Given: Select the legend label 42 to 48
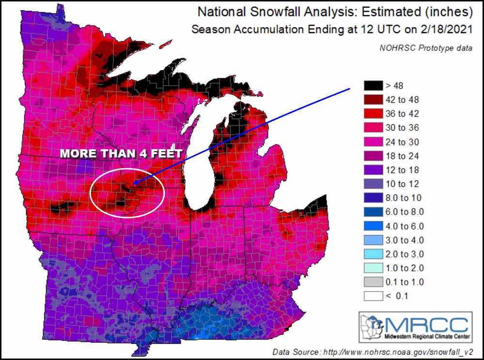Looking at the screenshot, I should pyautogui.click(x=402, y=100).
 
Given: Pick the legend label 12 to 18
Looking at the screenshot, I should pyautogui.click(x=402, y=170).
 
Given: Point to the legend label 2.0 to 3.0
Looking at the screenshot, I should pyautogui.click(x=405, y=254).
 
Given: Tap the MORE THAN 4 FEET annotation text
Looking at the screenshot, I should pyautogui.click(x=121, y=154).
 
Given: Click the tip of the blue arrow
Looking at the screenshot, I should pyautogui.click(x=133, y=183).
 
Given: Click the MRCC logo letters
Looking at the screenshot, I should pyautogui.click(x=426, y=324).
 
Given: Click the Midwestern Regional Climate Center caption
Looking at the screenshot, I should pyautogui.click(x=426, y=336).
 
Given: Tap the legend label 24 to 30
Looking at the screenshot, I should pyautogui.click(x=402, y=142).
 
